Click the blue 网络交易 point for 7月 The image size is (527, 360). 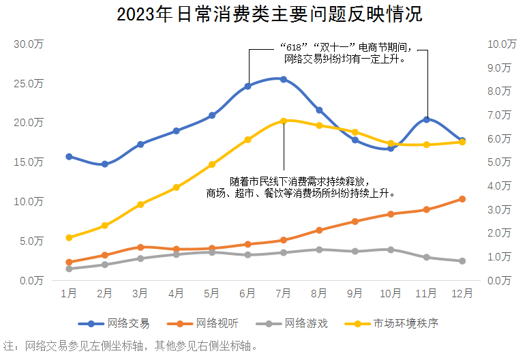(x=283, y=79)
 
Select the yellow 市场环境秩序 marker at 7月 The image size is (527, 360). (x=283, y=121)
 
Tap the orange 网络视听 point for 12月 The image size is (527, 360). (x=462, y=199)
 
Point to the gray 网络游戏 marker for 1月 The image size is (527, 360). (x=69, y=269)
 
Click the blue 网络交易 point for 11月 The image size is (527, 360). (x=427, y=119)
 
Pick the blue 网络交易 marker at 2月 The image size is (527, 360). (x=104, y=164)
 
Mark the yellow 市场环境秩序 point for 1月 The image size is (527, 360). (x=69, y=237)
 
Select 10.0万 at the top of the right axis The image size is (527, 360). (x=501, y=44)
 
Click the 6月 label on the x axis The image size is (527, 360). (x=247, y=294)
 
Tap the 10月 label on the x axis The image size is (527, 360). (x=391, y=294)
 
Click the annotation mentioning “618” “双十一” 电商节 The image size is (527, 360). (x=344, y=53)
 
